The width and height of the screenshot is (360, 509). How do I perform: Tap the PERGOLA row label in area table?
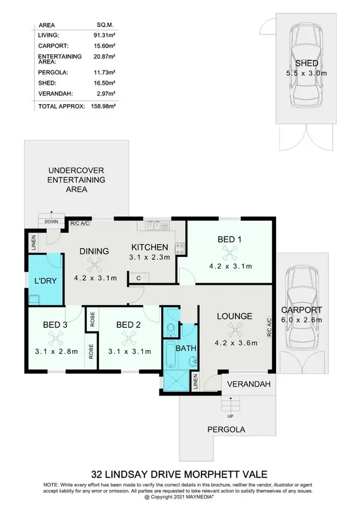point(50,73)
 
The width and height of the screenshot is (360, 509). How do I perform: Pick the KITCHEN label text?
point(150,247)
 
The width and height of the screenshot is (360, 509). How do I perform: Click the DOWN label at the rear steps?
point(51,222)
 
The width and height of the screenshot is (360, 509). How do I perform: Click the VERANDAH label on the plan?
point(246,384)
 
